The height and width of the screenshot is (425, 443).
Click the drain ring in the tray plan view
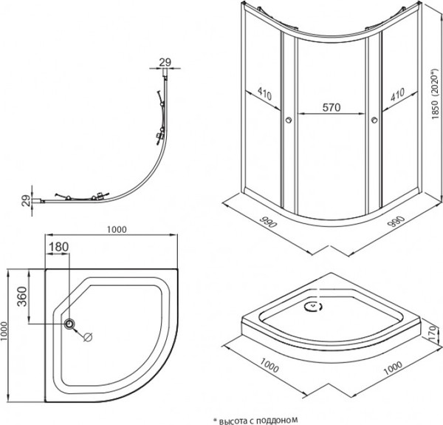pyautogui.click(x=70, y=324)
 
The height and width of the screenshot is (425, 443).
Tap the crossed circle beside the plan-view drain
pyautogui.click(x=87, y=338)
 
